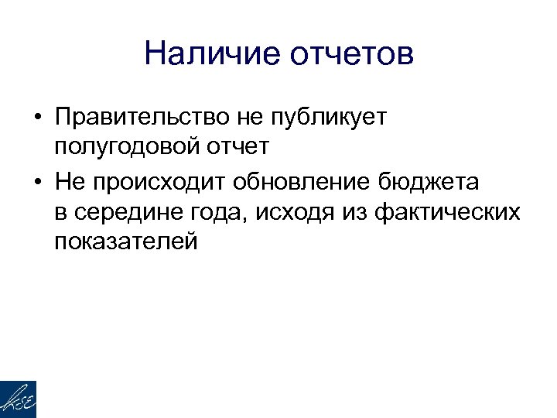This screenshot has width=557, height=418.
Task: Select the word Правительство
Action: (135, 118)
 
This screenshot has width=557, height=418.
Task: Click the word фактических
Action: (446, 211)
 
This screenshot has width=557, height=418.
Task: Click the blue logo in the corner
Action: (18, 399)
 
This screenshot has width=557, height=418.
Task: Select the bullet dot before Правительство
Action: (37, 118)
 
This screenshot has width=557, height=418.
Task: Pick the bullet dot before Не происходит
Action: (37, 183)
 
